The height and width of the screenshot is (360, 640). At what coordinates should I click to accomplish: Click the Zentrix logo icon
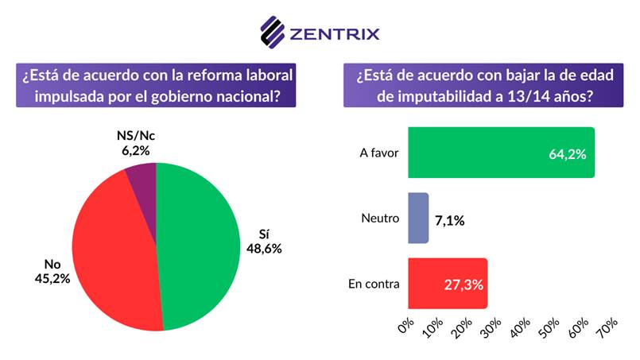point(273,33)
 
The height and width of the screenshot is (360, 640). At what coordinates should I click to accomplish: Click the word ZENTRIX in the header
point(335,33)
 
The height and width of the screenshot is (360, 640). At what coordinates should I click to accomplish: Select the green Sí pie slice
point(199,246)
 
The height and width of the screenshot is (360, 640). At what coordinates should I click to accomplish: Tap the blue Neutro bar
point(418,218)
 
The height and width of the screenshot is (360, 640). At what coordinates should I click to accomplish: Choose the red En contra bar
point(447,283)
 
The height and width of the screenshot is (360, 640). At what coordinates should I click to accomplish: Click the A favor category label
point(378,153)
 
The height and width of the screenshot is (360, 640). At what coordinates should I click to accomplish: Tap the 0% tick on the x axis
point(406,326)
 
